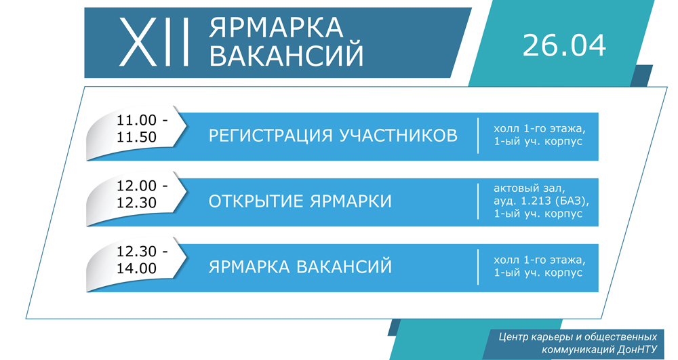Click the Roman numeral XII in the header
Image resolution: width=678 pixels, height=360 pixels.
click(x=155, y=42)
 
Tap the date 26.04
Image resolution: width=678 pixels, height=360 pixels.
click(x=564, y=45)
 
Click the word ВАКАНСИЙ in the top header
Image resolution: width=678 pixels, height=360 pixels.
click(x=286, y=55)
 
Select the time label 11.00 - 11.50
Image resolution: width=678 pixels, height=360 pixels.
click(x=142, y=129)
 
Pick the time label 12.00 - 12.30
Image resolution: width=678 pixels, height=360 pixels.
click(x=142, y=194)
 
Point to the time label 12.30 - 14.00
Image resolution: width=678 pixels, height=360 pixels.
click(x=142, y=260)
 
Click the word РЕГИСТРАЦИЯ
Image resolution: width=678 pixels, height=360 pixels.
click(x=271, y=136)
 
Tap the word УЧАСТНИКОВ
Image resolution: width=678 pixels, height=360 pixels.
click(x=398, y=136)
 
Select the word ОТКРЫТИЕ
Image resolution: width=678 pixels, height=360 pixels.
click(x=256, y=201)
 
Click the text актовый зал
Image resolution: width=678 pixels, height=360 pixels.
click(x=530, y=188)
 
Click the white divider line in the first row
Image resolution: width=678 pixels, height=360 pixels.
click(x=478, y=136)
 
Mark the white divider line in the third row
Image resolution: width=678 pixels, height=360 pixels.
click(x=478, y=266)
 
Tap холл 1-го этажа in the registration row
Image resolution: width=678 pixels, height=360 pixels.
click(x=540, y=129)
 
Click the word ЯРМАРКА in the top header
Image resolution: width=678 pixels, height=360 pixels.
click(x=276, y=27)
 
